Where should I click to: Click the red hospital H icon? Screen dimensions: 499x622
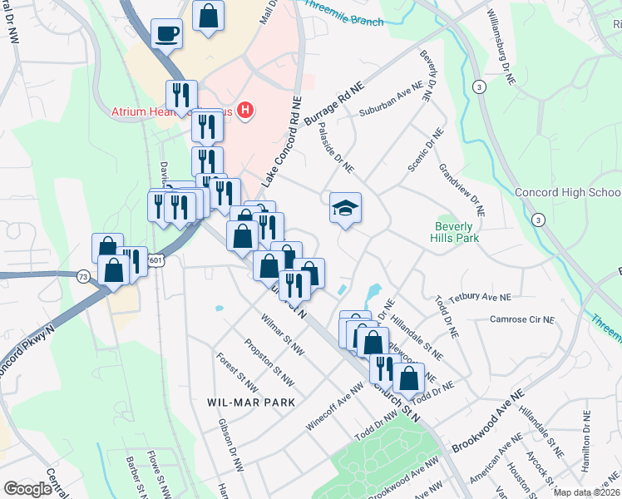click(x=245, y=110)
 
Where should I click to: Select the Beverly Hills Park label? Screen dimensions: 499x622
click(x=454, y=232)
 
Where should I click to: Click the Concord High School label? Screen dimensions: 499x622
click(x=568, y=192)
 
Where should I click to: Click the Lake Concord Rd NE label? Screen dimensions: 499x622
click(x=280, y=142)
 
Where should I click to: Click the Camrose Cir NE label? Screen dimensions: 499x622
click(x=521, y=319)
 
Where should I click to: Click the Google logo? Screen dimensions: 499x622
click(x=27, y=489)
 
